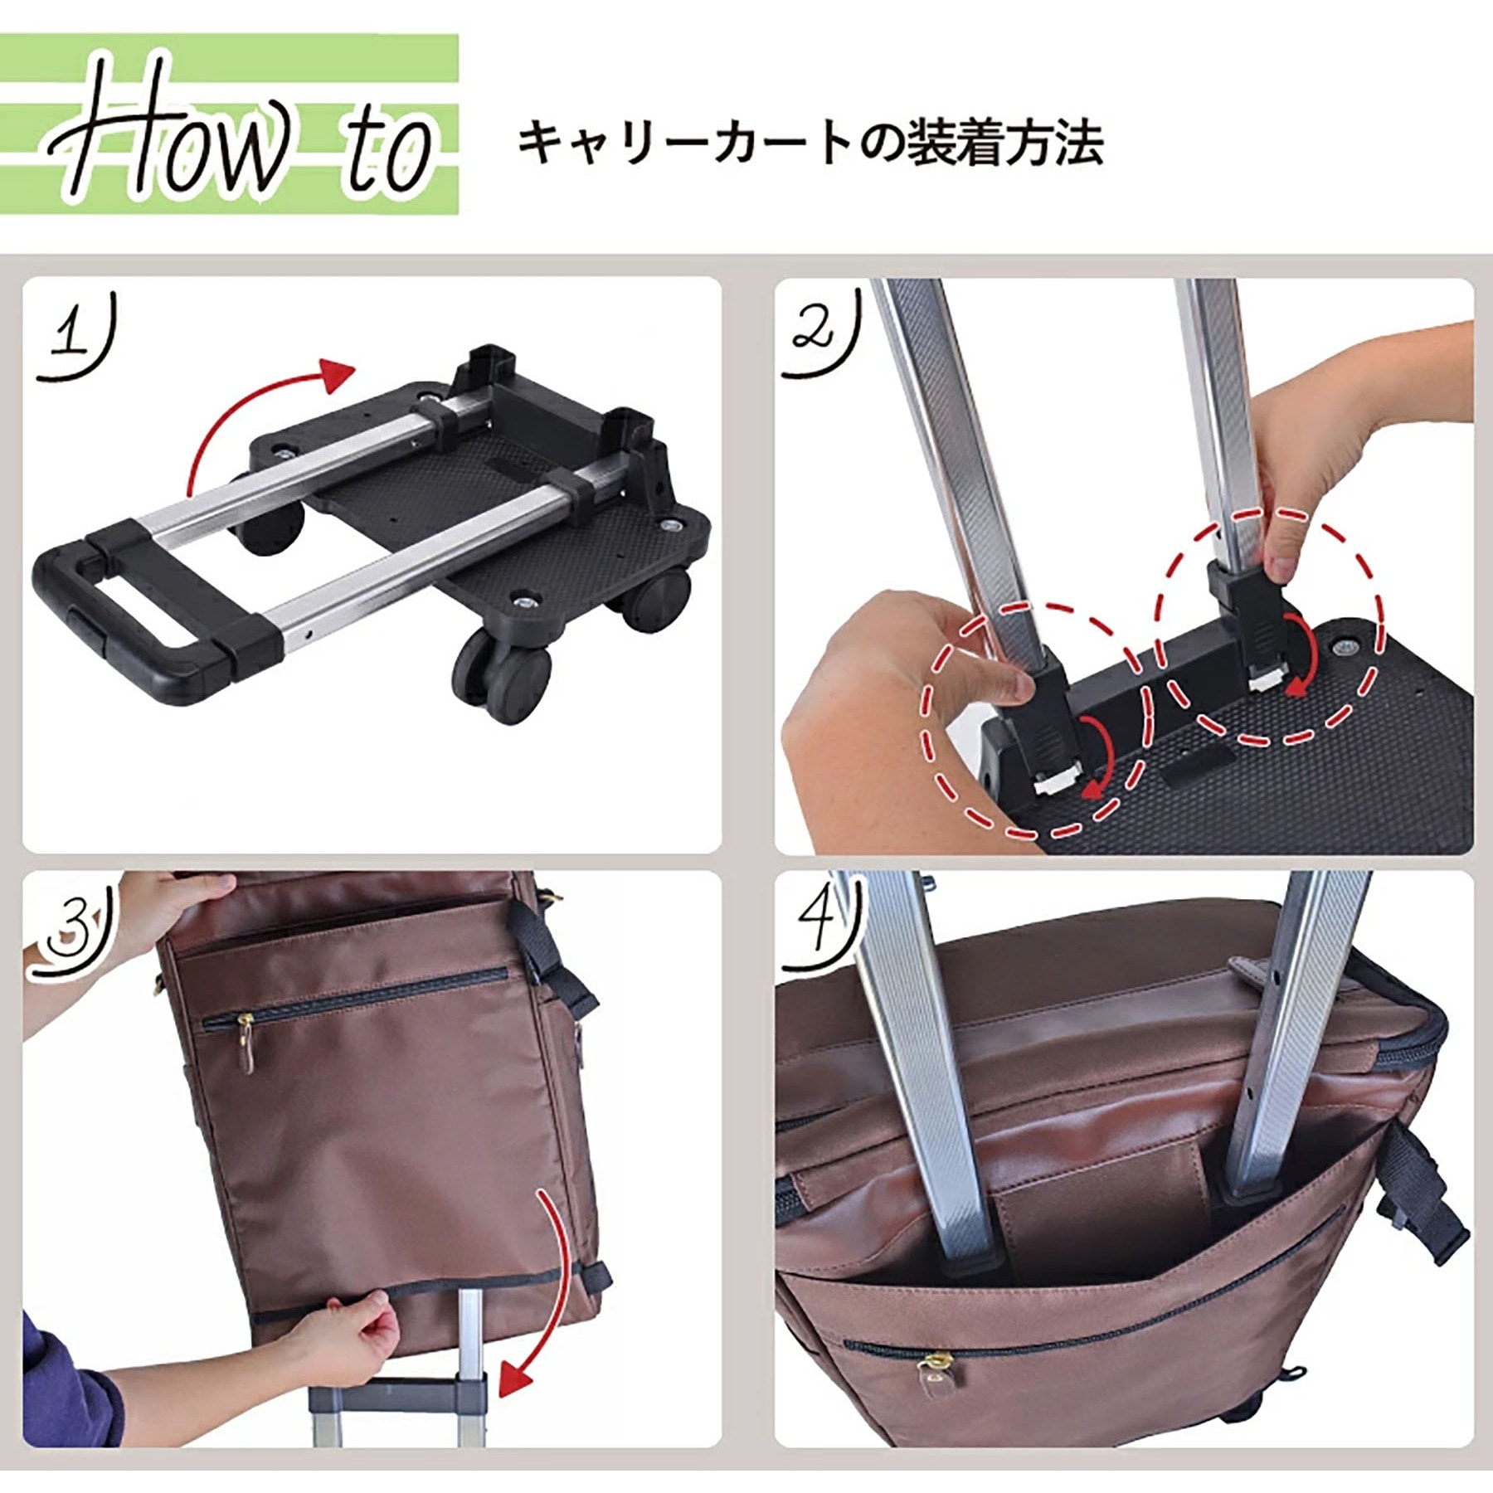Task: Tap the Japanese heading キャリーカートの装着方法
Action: (x=810, y=143)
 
